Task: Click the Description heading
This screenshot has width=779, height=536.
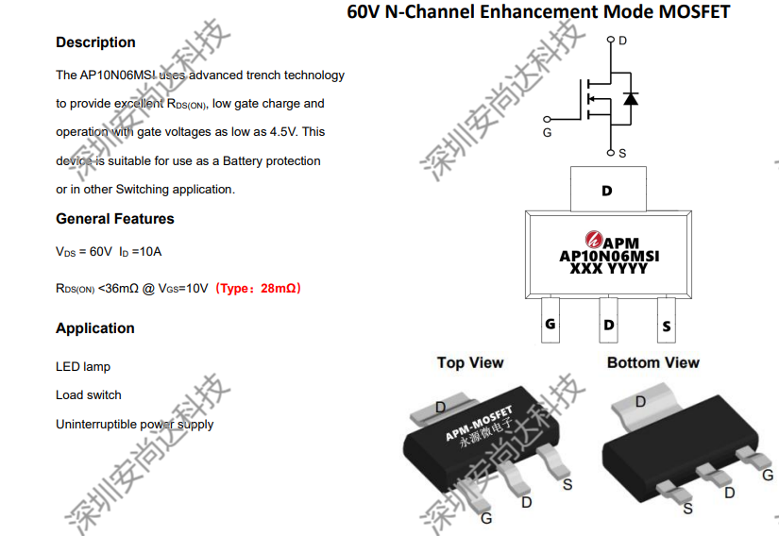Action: point(95,42)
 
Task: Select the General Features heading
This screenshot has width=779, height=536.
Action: point(115,219)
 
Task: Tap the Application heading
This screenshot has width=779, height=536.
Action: point(94,328)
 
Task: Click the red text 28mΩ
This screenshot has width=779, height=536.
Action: point(279,289)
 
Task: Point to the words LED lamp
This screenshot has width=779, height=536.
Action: point(83,367)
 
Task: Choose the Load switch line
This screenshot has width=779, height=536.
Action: point(89,395)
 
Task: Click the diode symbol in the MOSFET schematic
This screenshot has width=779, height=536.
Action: point(631,99)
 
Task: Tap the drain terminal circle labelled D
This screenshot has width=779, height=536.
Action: point(611,40)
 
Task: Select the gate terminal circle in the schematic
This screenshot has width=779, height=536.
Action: point(547,119)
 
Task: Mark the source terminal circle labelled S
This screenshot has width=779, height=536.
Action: point(611,152)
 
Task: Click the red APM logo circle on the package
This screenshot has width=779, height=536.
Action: point(594,239)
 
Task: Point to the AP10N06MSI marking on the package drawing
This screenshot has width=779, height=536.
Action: point(609,256)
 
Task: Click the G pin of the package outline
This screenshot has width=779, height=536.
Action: point(550,320)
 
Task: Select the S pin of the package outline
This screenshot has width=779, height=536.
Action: point(667,320)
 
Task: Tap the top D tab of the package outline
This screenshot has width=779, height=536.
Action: point(608,189)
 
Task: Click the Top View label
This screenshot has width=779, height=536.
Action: point(470,362)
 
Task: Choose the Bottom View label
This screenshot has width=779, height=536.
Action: point(652,362)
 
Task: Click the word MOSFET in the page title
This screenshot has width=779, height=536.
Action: point(694,11)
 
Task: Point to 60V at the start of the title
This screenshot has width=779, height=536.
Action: point(364,11)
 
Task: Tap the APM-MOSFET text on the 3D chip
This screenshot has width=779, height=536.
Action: point(479,424)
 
